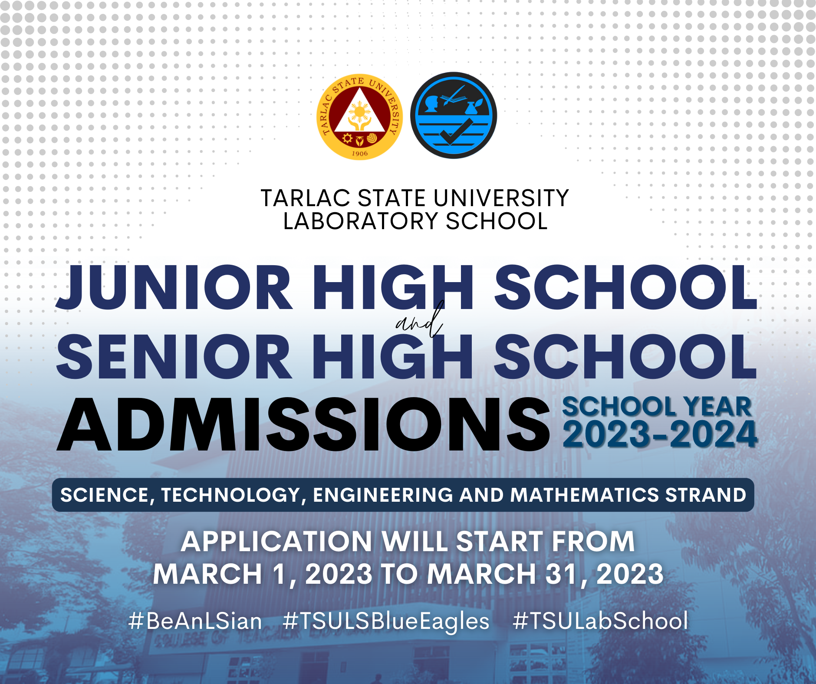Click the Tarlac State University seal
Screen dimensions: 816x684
[360, 117]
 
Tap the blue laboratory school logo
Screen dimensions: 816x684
[454, 115]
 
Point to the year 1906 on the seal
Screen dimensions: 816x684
[360, 153]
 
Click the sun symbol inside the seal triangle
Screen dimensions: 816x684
[360, 112]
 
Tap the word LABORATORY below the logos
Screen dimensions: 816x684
[361, 221]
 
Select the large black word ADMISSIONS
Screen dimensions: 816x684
[303, 424]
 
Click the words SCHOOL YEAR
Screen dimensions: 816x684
[657, 407]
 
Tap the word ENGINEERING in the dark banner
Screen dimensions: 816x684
[383, 495]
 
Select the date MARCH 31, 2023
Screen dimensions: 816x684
[545, 575]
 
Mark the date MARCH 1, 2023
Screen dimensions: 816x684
[263, 575]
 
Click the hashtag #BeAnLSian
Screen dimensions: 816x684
[195, 621]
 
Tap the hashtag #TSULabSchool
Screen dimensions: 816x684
[600, 621]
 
